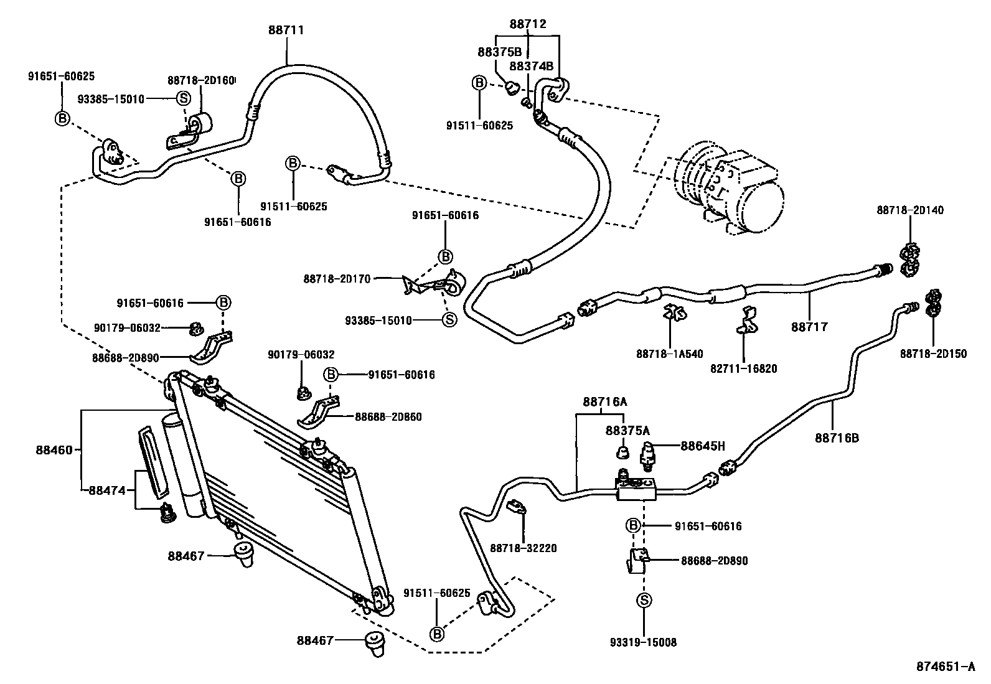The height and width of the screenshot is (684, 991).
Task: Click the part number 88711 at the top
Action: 286,29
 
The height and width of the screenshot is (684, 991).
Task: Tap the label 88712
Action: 527,24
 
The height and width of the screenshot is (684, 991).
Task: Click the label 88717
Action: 809,327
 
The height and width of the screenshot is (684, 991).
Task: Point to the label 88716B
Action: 837,438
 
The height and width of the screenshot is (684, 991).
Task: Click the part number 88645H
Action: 703,446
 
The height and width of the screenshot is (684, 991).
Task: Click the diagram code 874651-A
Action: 944,667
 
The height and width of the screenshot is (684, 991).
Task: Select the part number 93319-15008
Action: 643,642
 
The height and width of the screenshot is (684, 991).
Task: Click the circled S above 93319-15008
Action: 644,600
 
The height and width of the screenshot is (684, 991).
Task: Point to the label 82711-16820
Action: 743,369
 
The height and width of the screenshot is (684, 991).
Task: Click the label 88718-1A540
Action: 669,354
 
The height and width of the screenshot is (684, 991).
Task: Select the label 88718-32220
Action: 523,548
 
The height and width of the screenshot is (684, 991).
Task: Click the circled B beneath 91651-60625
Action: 62,118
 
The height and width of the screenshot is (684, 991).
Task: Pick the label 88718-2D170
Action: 337,279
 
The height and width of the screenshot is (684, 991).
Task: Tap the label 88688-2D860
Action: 388,417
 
